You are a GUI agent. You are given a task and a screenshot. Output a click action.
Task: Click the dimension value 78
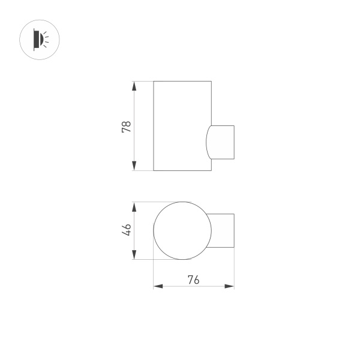tap(126, 126)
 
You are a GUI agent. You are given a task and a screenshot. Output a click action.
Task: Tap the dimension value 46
tap(126, 230)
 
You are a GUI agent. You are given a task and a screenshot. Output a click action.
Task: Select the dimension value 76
tap(193, 279)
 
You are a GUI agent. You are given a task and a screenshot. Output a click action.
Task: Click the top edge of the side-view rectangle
tap(182, 80)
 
